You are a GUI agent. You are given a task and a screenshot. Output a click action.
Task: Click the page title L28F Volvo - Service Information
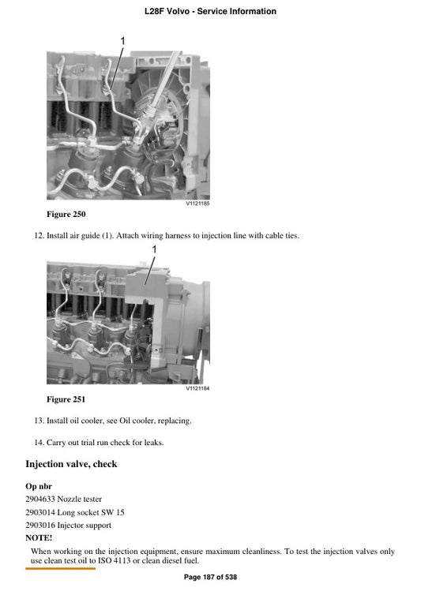pyautogui.click(x=210, y=12)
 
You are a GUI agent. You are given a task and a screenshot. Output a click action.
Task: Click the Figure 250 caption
pyautogui.click(x=66, y=214)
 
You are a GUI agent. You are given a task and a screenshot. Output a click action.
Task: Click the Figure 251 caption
pyautogui.click(x=66, y=399)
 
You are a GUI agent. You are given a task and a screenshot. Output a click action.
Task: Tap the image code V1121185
pyautogui.click(x=197, y=203)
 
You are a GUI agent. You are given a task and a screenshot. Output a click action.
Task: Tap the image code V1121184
pyautogui.click(x=197, y=388)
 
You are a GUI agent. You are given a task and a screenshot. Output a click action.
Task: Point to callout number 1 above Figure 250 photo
pyautogui.click(x=122, y=41)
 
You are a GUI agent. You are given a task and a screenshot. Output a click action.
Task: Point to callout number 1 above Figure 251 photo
pyautogui.click(x=154, y=249)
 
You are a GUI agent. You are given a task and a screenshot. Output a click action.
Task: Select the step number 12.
pyautogui.click(x=39, y=235)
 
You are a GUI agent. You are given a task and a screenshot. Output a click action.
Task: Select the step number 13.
pyautogui.click(x=39, y=421)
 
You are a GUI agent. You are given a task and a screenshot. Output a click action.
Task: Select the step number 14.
pyautogui.click(x=39, y=443)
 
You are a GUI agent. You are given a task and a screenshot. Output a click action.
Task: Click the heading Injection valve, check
pyautogui.click(x=71, y=464)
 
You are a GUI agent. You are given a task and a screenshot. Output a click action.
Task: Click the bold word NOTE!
pyautogui.click(x=39, y=537)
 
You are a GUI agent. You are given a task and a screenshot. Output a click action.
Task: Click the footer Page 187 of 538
pyautogui.click(x=210, y=578)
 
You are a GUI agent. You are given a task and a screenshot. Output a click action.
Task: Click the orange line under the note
pyautogui.click(x=60, y=568)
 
